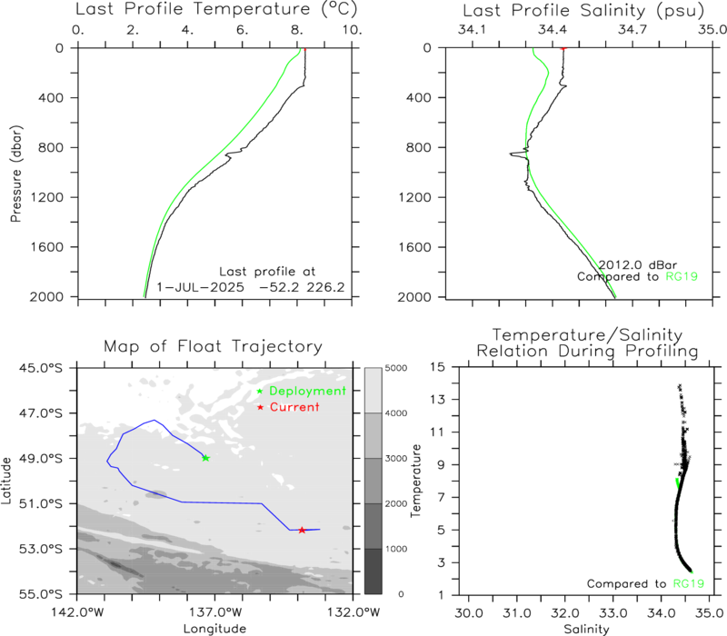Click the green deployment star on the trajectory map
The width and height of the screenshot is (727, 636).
pyautogui.click(x=206, y=458)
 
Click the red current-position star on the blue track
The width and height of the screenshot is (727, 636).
pyautogui.click(x=302, y=530)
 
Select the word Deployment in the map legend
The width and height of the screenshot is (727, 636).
pyautogui.click(x=307, y=392)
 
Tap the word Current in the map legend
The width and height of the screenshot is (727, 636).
pyautogui.click(x=294, y=407)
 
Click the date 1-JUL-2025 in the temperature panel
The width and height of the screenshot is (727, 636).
pyautogui.click(x=200, y=287)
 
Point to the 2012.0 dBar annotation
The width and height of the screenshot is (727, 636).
pyautogui.click(x=638, y=265)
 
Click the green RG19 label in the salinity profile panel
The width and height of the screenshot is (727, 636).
pyautogui.click(x=682, y=277)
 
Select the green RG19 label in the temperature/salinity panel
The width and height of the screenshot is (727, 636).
pyautogui.click(x=689, y=583)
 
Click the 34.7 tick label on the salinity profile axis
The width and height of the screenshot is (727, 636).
pyautogui.click(x=632, y=30)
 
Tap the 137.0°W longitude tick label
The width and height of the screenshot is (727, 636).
pyautogui.click(x=214, y=612)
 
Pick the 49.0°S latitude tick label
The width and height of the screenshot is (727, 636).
pyautogui.click(x=40, y=459)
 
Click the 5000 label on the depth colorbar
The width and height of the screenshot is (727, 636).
pyautogui.click(x=396, y=368)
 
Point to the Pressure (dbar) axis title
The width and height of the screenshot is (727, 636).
pyautogui.click(x=16, y=174)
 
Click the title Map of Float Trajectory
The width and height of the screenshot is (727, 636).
pyautogui.click(x=213, y=346)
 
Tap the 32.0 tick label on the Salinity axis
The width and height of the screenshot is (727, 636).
pyautogui.click(x=564, y=613)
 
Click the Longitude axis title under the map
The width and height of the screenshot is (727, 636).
pyautogui.click(x=214, y=629)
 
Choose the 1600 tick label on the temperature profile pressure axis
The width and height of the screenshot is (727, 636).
pyautogui.click(x=47, y=247)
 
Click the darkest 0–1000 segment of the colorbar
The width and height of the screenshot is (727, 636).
pyautogui.click(x=373, y=571)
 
